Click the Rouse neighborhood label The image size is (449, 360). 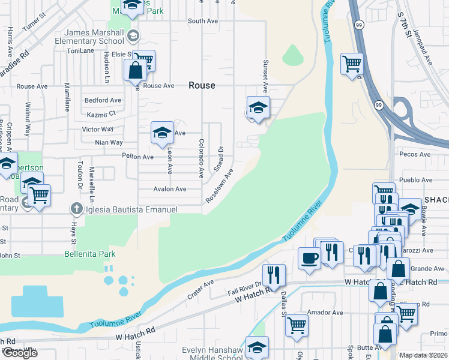point(202,85)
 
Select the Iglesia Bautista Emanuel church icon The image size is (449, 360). point(76,209)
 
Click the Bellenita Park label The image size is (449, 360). point(90,254)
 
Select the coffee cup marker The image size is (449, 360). point(309,259)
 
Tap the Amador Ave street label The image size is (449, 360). point(325,313)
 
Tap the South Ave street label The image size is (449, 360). point(203,21)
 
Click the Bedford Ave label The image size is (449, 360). point(103,100)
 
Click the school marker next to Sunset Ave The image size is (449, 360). point(258,107)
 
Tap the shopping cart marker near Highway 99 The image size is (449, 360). point(352,63)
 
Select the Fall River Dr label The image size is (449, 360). point(246,288)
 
